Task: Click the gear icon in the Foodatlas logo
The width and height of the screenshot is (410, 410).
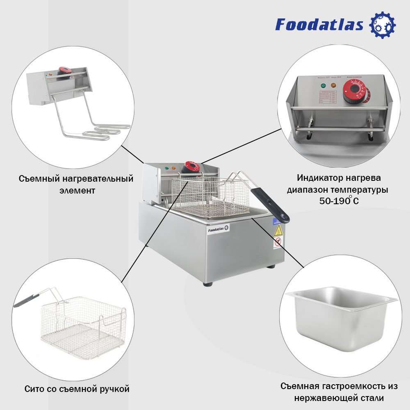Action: [x=383, y=25]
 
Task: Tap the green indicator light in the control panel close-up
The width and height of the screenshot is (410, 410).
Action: [x=323, y=86]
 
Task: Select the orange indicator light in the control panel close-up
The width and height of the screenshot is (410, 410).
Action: [x=333, y=86]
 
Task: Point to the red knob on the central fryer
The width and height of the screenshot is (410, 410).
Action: [x=191, y=166]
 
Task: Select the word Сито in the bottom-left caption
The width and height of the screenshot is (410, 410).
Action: [x=34, y=388]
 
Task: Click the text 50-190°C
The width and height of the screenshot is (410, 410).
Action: [x=339, y=201]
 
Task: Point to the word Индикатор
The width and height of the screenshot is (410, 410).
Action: [x=316, y=178]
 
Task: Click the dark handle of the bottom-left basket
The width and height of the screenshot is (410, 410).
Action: [x=27, y=300]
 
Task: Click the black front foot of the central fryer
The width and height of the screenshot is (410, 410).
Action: [x=207, y=283]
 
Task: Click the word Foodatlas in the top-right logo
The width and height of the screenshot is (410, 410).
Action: [x=319, y=25]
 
